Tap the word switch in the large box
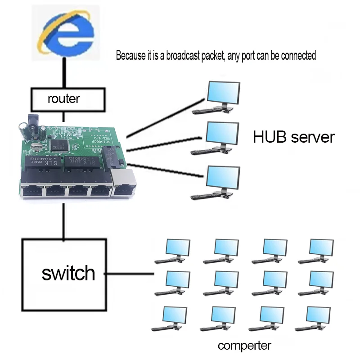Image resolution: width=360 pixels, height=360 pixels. click(68, 273)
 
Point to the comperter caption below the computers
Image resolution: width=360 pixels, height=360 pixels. click(244, 346)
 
